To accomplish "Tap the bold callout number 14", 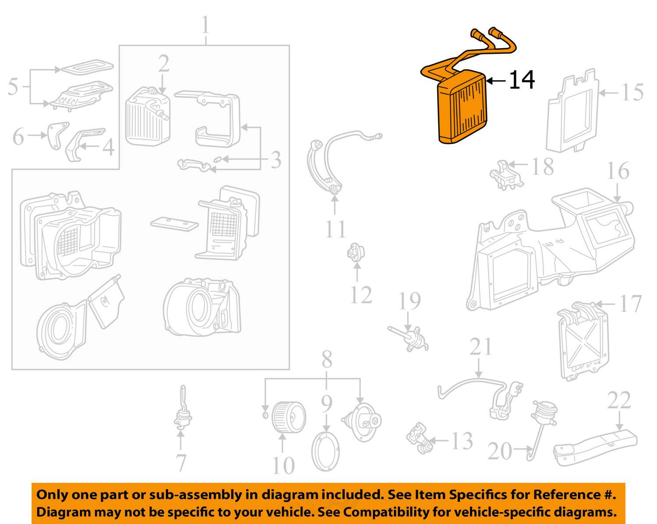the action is pos(522,80).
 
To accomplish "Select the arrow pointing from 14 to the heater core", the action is pos(496,81).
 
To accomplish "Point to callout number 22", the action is pos(619,400).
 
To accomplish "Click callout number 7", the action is pos(181,463).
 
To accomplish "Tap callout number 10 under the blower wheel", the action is pos(283,466).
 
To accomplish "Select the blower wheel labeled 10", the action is pos(289,418).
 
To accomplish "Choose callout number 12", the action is pos(361,295).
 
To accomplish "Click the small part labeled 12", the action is pos(356,252).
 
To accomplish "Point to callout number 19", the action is pos(410,301).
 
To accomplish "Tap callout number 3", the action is pos(276,160).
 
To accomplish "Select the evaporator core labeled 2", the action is pos(148,117).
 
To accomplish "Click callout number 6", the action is pos(18,136).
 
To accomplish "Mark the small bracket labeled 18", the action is pos(506,175).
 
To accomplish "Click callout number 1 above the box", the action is pos(205,25).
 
